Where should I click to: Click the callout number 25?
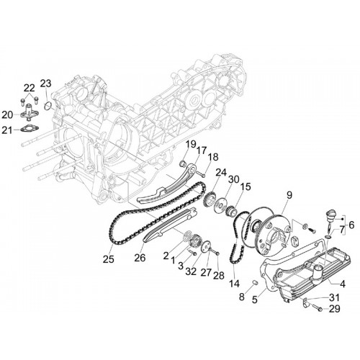(x=108, y=259)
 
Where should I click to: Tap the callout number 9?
(x=289, y=196)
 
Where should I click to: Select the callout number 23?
(x=45, y=84)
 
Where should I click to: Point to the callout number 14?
(x=234, y=284)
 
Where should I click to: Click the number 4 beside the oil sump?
(x=343, y=284)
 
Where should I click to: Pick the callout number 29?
(x=335, y=309)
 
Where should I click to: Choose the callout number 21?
(x=7, y=130)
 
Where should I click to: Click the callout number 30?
(x=234, y=179)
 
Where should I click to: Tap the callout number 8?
(x=242, y=297)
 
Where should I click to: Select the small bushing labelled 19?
(x=183, y=163)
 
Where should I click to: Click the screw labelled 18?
(x=201, y=174)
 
